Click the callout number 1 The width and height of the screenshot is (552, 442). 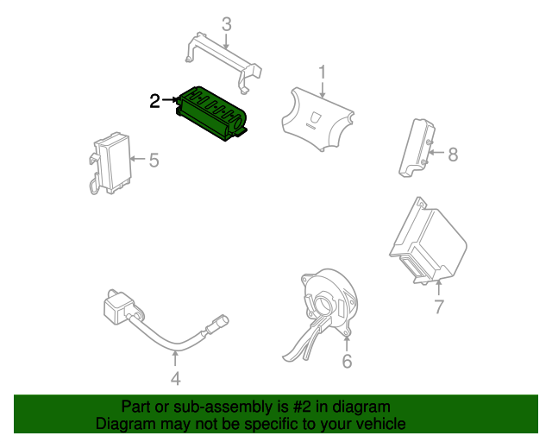[322, 72]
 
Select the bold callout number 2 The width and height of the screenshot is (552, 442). [154, 101]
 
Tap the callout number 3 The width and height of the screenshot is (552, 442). [227, 24]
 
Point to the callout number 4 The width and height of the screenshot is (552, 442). [176, 379]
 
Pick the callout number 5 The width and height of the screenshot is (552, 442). [154, 160]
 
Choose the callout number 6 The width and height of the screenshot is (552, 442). [347, 362]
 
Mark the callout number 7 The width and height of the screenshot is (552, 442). [439, 306]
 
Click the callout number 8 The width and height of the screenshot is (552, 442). [453, 155]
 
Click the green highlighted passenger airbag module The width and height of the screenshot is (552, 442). [211, 113]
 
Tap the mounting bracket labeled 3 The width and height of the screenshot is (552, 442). [224, 61]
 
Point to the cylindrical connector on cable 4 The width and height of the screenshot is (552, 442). [218, 324]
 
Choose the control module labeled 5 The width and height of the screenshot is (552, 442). [111, 163]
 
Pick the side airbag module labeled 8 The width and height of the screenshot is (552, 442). [417, 148]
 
